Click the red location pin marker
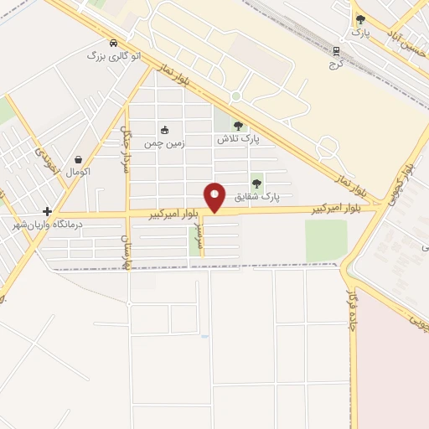(x=215, y=198)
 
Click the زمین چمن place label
(x=166, y=142)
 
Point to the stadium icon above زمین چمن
(x=165, y=130)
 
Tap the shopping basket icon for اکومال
(x=79, y=159)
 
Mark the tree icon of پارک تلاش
(x=238, y=126)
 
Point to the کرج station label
(x=336, y=62)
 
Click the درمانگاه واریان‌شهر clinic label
(x=46, y=224)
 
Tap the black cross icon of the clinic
(x=48, y=211)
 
